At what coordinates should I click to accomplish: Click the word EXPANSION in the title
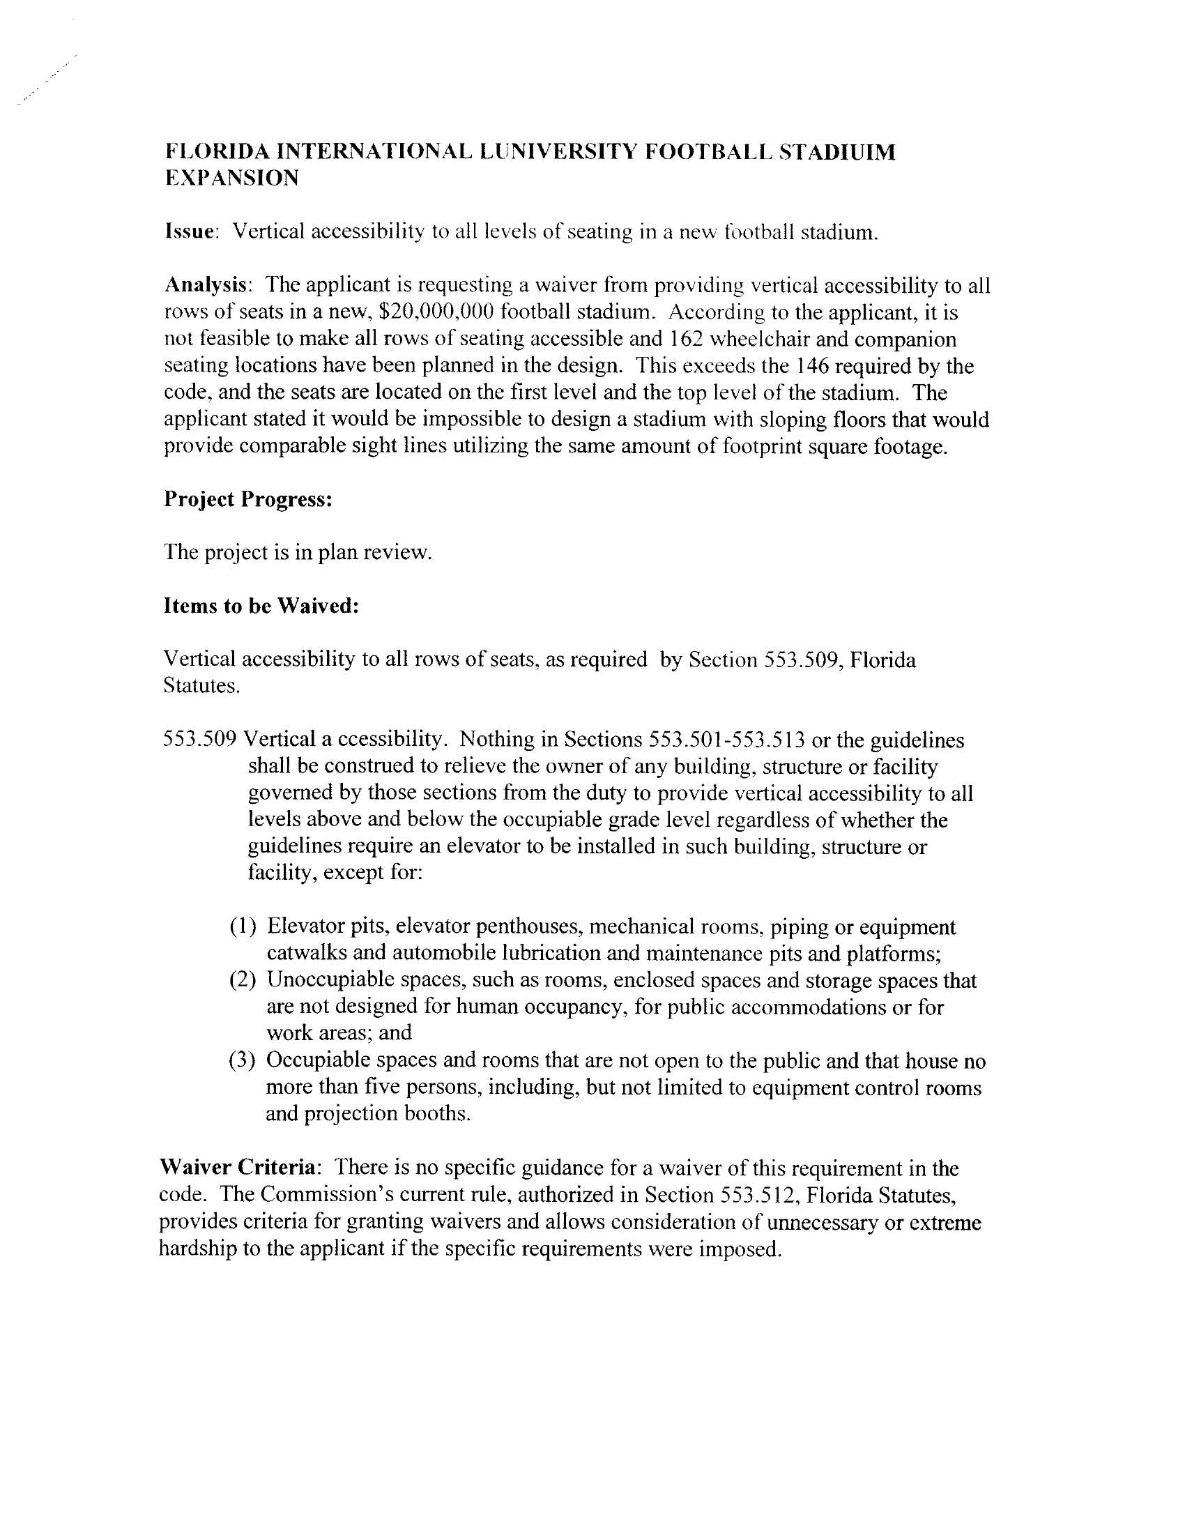[x=231, y=178]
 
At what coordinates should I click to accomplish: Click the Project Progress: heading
[x=247, y=499]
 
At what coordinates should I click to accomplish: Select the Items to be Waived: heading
[x=261, y=606]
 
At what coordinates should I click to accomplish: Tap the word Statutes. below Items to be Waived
[x=201, y=686]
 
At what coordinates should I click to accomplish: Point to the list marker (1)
[x=242, y=927]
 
